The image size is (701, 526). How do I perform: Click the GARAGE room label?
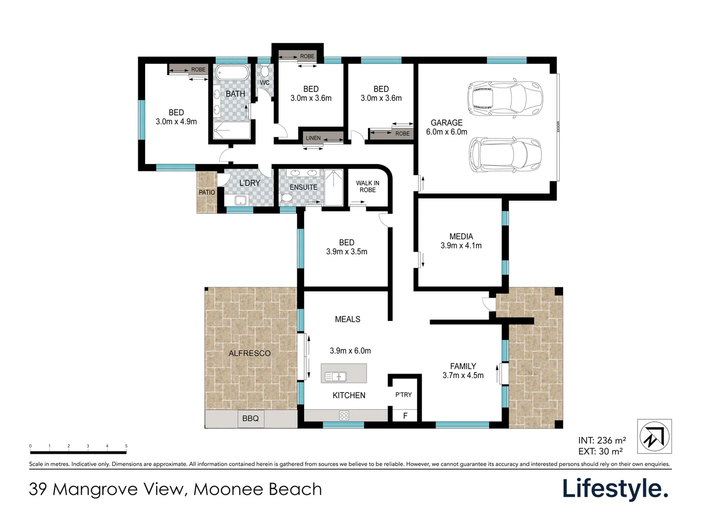pos(446,123)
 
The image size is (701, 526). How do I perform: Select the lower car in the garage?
pos(505,155)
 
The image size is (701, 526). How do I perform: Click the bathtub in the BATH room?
pos(232,74)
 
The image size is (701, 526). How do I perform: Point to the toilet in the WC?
pos(264,72)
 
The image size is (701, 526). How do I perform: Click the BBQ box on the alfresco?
pos(250,418)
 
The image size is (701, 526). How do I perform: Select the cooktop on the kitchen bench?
pos(344,415)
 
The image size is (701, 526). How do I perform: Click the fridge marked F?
pos(405,416)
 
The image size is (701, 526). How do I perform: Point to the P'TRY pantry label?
pos(404,394)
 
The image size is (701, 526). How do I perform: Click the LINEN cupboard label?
pos(313,138)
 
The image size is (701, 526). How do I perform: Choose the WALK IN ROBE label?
pos(368,187)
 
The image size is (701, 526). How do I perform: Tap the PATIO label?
pos(207,192)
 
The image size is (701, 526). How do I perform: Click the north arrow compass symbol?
pos(654,436)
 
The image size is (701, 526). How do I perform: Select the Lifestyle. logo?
pos(615,488)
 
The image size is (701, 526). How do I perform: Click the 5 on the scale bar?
pos(126,446)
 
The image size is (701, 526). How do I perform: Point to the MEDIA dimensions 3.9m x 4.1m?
pos(461,246)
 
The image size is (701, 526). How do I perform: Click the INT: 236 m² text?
pos(602,441)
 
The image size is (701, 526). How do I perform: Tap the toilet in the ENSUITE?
pos(287,198)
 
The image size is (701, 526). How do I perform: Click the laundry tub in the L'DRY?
pos(240,200)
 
